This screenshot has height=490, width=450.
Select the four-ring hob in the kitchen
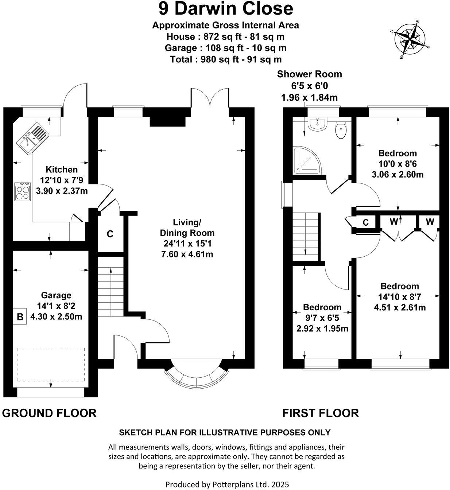(x=23, y=191)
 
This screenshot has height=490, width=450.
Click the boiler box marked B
(x=20, y=316)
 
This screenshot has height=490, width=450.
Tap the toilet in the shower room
(x=341, y=131)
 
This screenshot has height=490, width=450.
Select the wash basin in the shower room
(x=317, y=124)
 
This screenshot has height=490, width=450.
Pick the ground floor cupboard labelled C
(x=110, y=234)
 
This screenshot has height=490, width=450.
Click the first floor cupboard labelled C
(x=365, y=222)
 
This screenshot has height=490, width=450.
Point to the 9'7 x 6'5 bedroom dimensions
(x=322, y=318)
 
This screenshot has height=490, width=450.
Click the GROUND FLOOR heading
(x=49, y=413)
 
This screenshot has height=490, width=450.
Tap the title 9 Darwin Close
(x=226, y=9)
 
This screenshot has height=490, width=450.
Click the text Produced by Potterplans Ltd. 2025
(x=227, y=485)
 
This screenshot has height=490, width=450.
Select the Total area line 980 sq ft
(x=226, y=59)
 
